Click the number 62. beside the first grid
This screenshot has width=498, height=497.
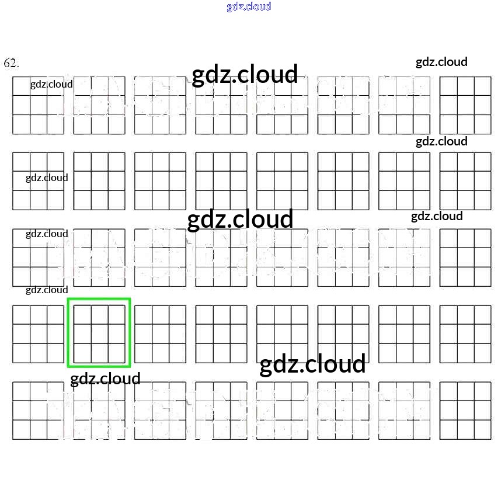tap(11, 63)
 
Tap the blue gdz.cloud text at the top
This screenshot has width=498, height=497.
tap(249, 7)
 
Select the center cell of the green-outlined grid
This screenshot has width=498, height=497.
tap(99, 333)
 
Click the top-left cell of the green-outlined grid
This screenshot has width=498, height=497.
tap(82, 315)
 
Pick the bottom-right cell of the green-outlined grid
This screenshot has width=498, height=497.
tap(117, 353)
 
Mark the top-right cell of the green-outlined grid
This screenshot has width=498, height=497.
tap(117, 315)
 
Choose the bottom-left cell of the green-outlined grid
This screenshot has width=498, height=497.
tap(82, 353)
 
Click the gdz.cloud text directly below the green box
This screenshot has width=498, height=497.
tap(105, 379)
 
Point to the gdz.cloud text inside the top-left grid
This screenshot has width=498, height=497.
tap(51, 84)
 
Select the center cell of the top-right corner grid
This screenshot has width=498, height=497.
tap(465, 105)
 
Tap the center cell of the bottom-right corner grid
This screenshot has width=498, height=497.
tap(465, 411)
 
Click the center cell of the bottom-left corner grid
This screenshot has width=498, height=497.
tap(39, 411)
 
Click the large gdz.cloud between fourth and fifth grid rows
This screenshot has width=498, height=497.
tap(312, 364)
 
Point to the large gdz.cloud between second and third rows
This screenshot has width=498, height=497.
tap(240, 219)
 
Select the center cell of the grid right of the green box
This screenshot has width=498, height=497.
tap(161, 333)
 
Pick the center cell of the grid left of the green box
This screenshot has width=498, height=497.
tap(39, 333)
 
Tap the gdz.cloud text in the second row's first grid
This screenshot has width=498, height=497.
tap(47, 178)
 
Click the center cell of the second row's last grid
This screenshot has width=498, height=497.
tap(465, 181)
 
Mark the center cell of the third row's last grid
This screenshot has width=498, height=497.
tap(465, 258)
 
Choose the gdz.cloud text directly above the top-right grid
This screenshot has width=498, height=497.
tap(441, 62)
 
